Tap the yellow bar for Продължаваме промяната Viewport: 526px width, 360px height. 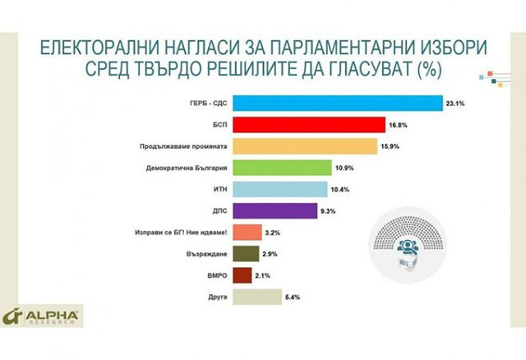tap(306, 145)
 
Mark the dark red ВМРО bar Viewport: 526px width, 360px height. tap(242, 275)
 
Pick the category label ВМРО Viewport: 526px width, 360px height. tap(217, 275)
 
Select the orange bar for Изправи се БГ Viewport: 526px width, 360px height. tap(247, 232)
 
